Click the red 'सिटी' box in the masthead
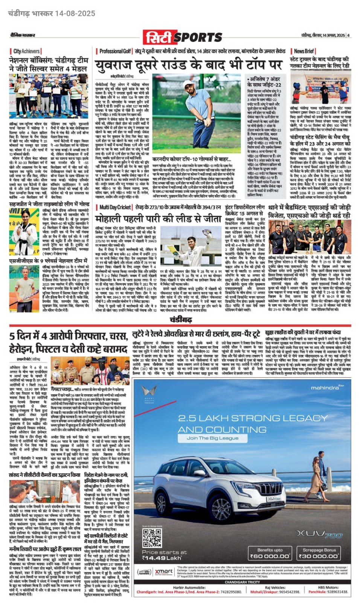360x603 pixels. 158,37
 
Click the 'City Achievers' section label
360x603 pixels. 26,51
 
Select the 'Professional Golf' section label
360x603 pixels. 115,51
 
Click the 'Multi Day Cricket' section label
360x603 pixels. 115,207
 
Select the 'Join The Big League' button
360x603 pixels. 212,438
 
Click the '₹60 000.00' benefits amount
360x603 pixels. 270,556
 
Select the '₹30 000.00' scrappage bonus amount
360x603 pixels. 319,556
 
